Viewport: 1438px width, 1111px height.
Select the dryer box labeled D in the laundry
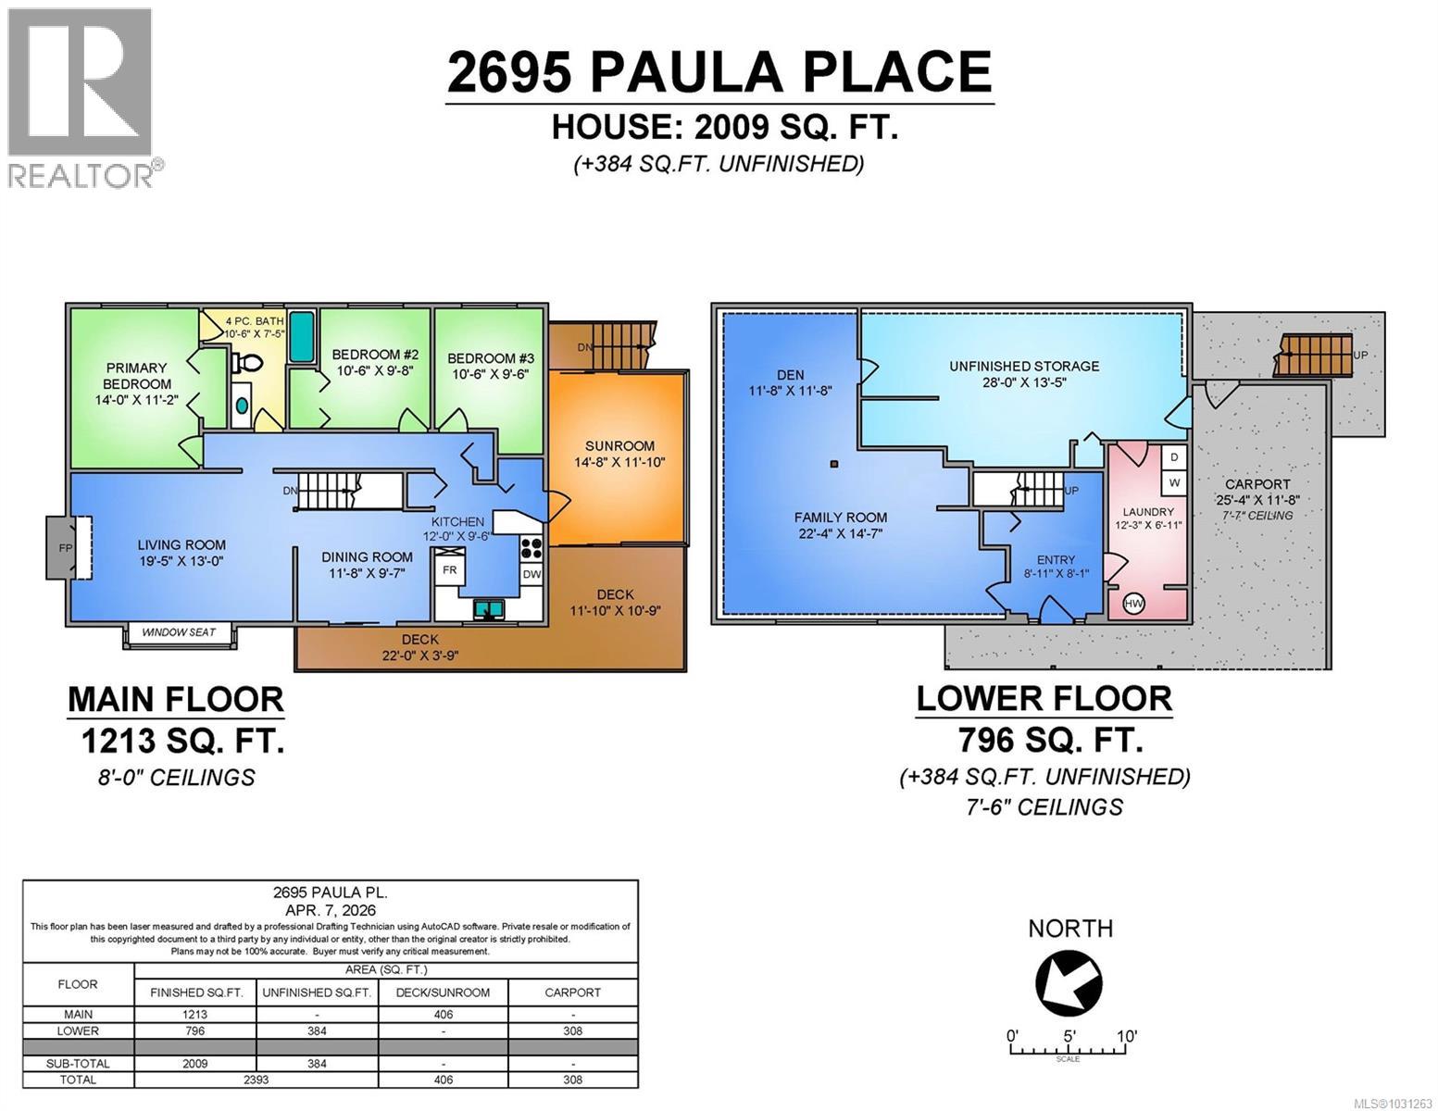pyautogui.click(x=1174, y=457)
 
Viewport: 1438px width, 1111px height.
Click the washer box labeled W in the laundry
pyautogui.click(x=1174, y=482)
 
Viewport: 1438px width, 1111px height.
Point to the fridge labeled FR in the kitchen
pyautogui.click(x=449, y=569)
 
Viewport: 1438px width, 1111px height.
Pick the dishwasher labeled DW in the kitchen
pyautogui.click(x=531, y=574)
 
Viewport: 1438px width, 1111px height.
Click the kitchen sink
pyautogui.click(x=487, y=608)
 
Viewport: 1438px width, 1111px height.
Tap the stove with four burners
pyautogui.click(x=532, y=547)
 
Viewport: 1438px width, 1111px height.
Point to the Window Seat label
pyautogui.click(x=179, y=632)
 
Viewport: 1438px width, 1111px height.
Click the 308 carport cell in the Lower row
pyautogui.click(x=572, y=1030)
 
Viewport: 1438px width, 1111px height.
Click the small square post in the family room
pyautogui.click(x=834, y=465)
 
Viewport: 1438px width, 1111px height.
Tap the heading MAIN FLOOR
pyautogui.click(x=175, y=699)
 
